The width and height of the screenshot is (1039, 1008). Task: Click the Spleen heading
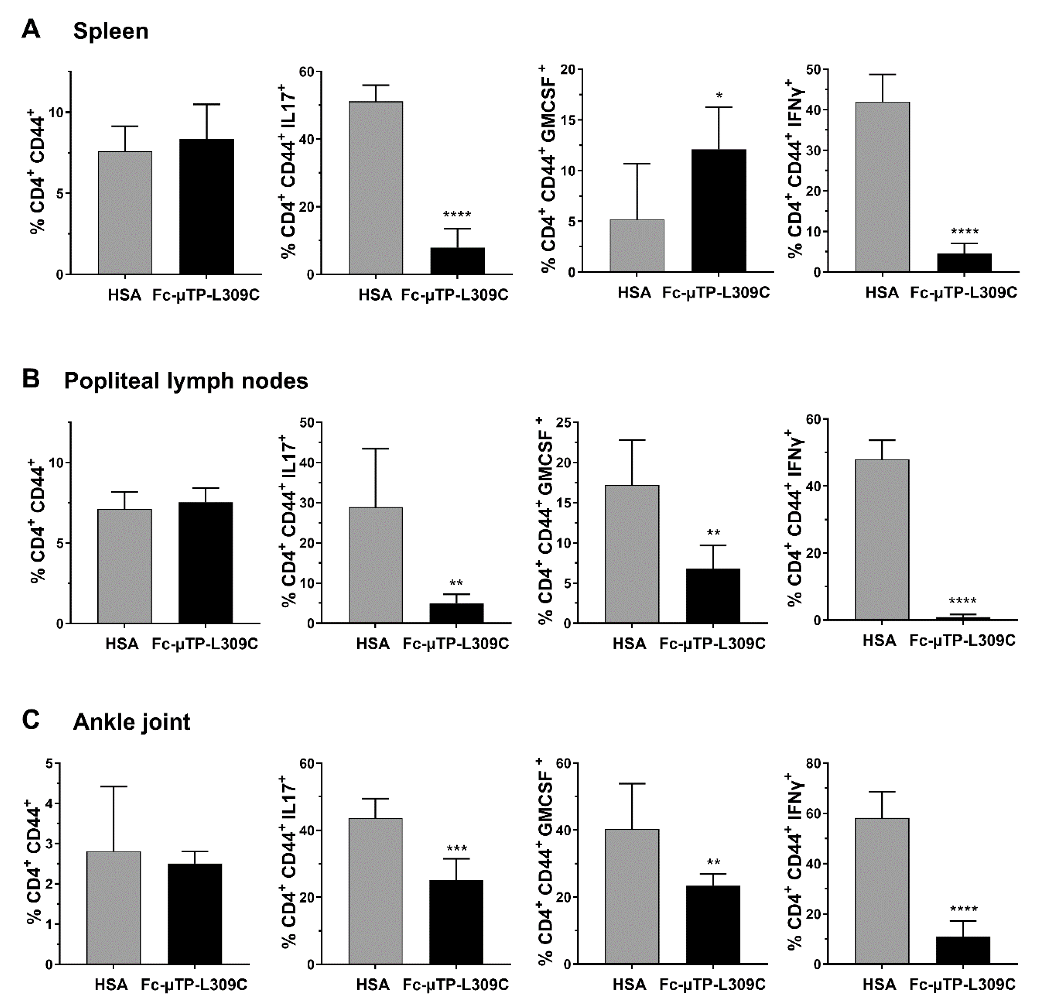coord(111,31)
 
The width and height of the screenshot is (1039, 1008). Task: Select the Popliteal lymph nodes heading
coord(186,381)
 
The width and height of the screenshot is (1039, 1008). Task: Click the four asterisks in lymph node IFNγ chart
coord(963,601)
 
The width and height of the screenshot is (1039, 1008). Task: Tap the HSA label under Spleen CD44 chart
coord(125,295)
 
